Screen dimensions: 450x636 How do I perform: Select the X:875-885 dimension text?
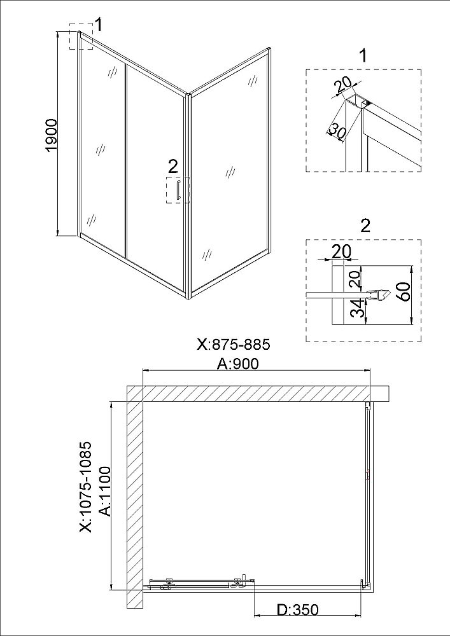coord(234,345)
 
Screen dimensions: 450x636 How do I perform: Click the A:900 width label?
coord(238,364)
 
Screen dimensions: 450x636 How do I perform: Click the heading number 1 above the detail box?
coord(363,55)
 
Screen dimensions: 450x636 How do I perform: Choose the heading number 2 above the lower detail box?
coord(365,226)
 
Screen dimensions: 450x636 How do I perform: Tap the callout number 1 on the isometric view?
coord(99,25)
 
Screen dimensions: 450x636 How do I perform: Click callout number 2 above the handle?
coord(173,166)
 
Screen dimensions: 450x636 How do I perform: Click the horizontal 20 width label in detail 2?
coord(341,251)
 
